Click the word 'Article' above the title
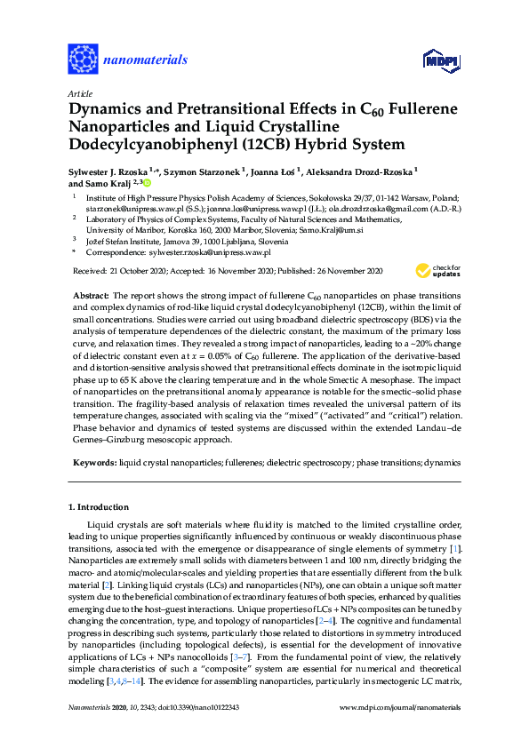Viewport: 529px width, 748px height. tap(80, 92)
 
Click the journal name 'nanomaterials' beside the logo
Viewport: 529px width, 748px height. tap(146, 60)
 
